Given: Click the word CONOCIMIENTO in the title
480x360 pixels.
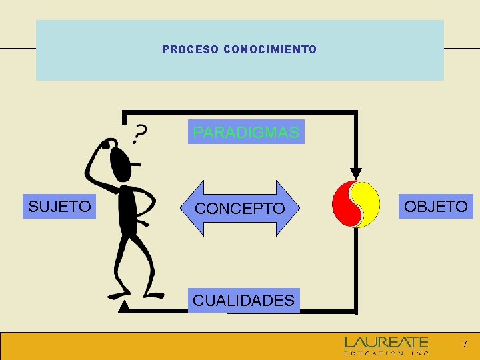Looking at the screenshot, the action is point(271,50).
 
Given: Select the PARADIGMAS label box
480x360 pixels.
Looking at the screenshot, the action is point(246,132).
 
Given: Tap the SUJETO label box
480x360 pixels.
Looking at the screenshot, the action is point(59,207).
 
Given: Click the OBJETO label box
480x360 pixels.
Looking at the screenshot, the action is point(436,207).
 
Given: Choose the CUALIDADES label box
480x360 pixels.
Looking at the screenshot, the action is point(243,301).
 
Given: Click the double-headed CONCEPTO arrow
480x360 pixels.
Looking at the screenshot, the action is point(239,209).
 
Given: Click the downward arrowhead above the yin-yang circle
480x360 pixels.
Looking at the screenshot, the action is point(357,173).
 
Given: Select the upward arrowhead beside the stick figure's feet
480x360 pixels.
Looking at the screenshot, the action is point(124,307).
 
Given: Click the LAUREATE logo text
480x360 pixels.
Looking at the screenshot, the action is point(386,342).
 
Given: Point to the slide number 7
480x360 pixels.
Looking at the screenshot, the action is point(465,345).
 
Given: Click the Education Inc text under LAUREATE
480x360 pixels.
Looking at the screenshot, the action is point(386,353).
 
